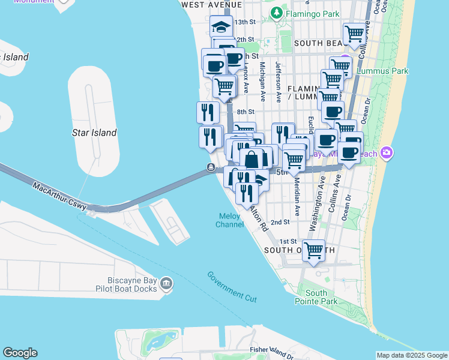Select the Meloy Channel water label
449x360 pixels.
tap(228, 220)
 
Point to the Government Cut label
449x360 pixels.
tap(232, 286)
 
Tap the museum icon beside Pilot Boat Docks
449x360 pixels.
tap(167, 284)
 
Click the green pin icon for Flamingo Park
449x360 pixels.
tap(276, 12)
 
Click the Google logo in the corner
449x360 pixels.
tap(20, 353)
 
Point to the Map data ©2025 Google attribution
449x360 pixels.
tap(412, 355)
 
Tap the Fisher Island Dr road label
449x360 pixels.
tap(274, 349)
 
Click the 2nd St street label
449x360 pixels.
tap(280, 222)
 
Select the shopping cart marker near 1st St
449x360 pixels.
tap(313, 250)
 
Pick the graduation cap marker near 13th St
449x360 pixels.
tap(221, 26)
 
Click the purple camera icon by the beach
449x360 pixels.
tap(386, 152)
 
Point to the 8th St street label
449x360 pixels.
tap(246, 112)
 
